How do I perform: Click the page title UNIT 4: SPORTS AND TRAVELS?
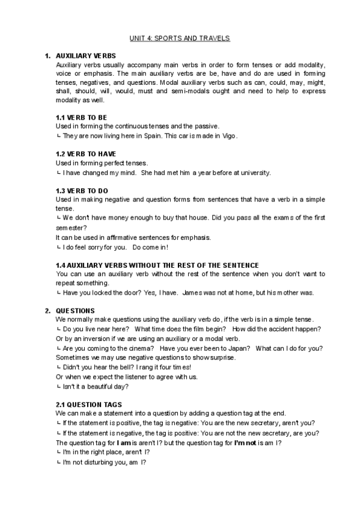point(180,38)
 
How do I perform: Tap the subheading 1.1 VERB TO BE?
point(81,117)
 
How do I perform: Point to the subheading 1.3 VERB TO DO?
point(82,191)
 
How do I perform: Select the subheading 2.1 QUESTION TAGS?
point(88,405)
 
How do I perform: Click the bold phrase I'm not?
point(245,443)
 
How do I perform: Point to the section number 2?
point(47,310)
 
